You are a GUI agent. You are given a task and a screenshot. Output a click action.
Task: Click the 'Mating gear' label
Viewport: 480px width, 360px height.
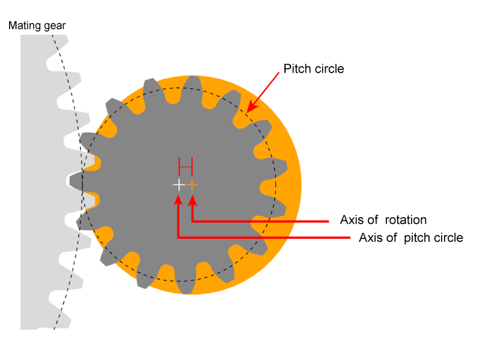pyautogui.click(x=37, y=26)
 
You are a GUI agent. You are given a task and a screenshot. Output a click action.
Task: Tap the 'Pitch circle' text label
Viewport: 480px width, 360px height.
pyautogui.click(x=314, y=68)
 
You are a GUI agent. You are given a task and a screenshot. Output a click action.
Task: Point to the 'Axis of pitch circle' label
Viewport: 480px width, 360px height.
pyautogui.click(x=410, y=238)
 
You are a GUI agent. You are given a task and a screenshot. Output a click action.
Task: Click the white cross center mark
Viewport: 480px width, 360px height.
pyautogui.click(x=178, y=185)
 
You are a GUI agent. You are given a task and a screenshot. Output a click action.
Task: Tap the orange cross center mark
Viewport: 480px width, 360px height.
pyautogui.click(x=192, y=185)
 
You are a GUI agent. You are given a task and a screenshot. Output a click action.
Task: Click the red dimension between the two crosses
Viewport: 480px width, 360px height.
pyautogui.click(x=185, y=166)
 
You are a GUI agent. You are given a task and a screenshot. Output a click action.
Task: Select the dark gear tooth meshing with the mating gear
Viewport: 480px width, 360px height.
pyautogui.click(x=79, y=179)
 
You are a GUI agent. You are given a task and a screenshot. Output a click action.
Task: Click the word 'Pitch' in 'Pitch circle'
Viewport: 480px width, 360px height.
pyautogui.click(x=296, y=68)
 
